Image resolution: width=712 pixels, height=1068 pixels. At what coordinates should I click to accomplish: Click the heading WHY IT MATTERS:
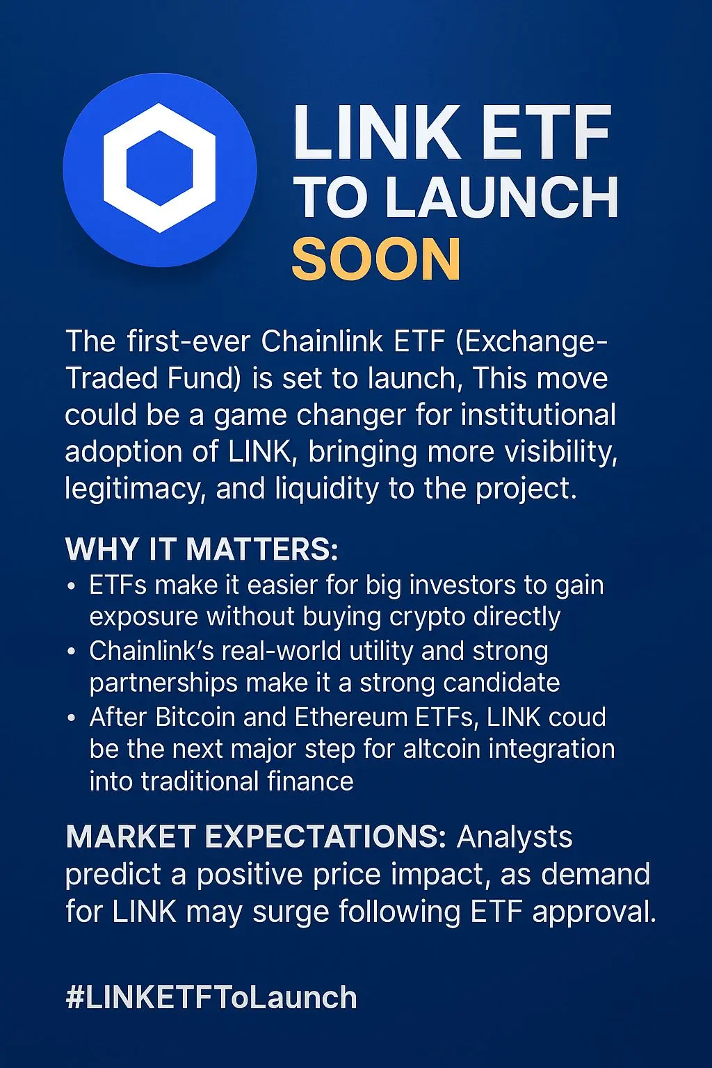tap(202, 549)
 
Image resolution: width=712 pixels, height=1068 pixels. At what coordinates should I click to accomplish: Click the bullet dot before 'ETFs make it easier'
tap(72, 586)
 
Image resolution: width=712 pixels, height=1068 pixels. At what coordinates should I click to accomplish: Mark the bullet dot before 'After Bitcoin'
tap(72, 718)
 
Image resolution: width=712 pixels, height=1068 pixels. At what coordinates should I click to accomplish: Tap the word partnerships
tap(163, 683)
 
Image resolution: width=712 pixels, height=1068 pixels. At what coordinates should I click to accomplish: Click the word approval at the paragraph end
tap(594, 913)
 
